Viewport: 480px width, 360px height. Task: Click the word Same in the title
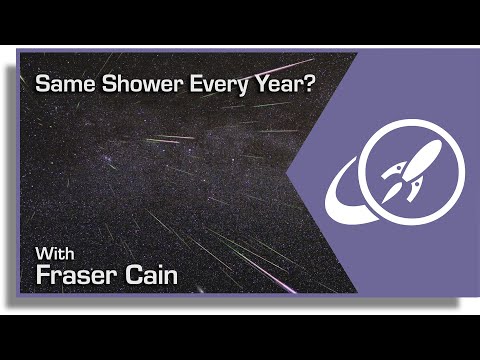tap(58, 85)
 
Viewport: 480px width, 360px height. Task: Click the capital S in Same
tap(42, 85)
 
